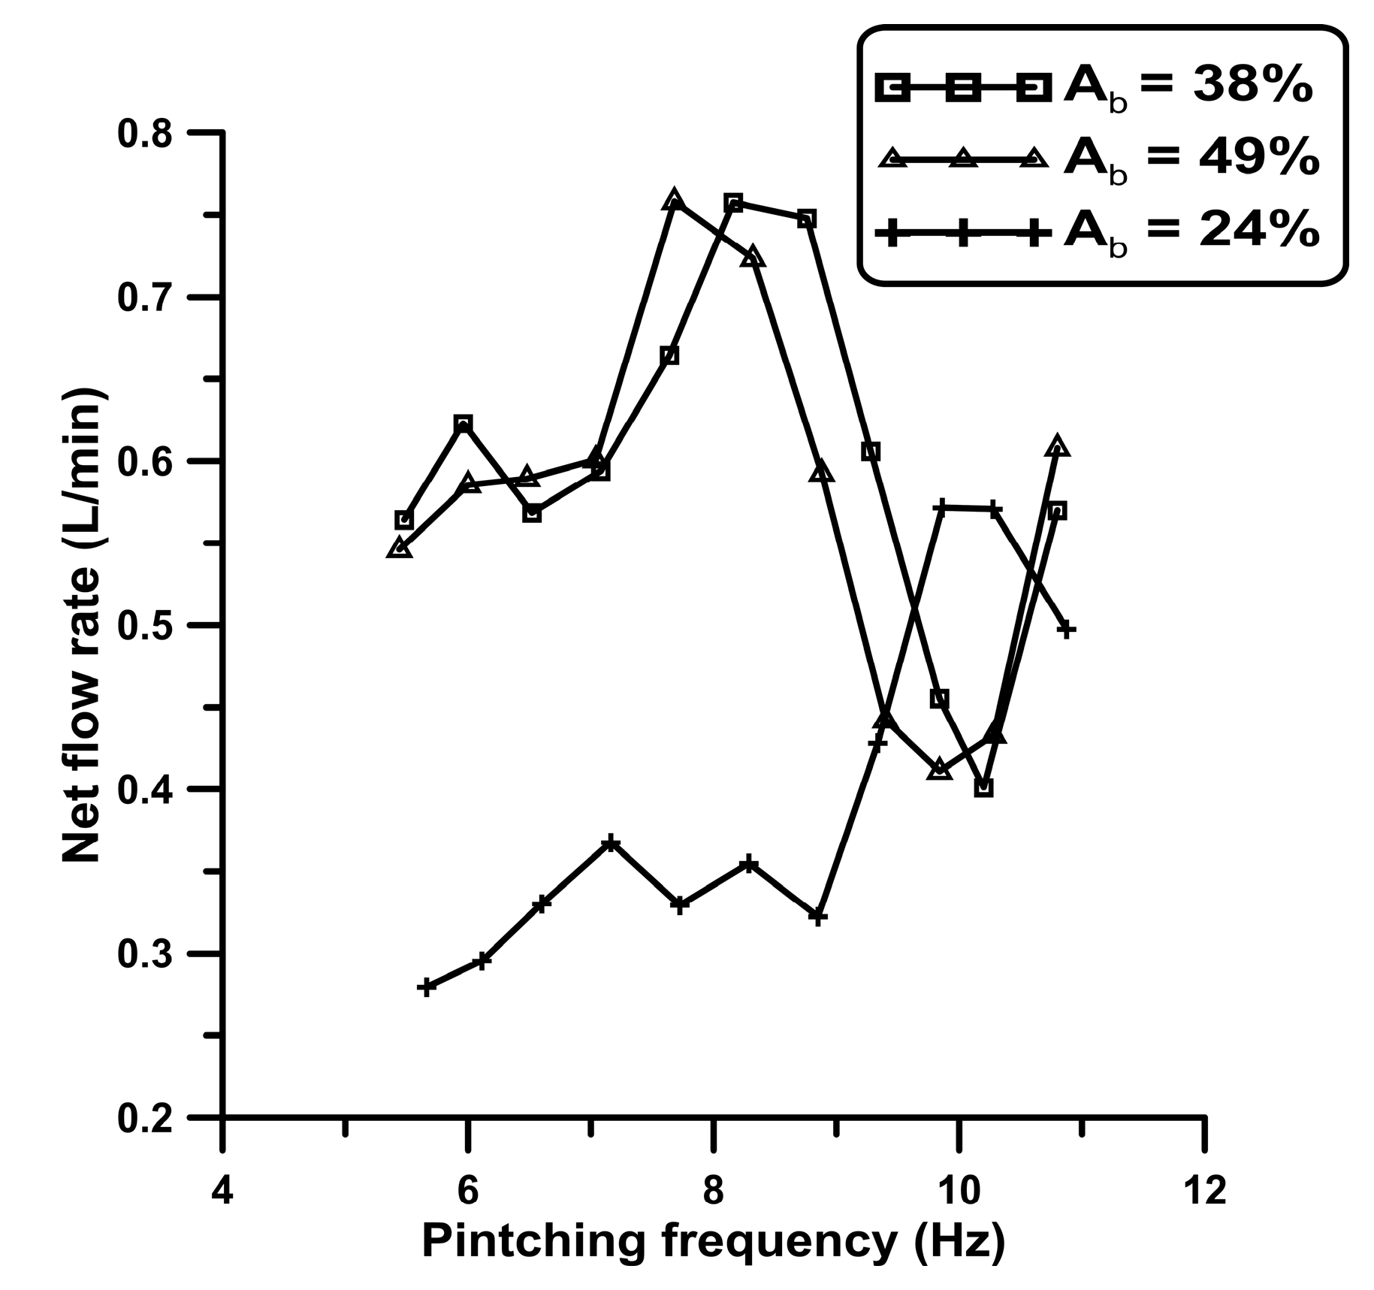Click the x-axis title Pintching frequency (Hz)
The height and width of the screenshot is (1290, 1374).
coord(713,1243)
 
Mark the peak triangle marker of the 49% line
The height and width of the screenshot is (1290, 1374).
coord(674,201)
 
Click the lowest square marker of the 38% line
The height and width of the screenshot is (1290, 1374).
coord(984,787)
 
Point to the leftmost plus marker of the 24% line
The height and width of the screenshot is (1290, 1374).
coord(427,987)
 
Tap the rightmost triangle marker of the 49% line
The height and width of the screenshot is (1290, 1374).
coord(1057,446)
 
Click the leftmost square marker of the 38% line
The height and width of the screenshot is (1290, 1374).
coord(403,520)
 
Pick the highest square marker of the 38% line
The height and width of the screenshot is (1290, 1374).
coord(734,203)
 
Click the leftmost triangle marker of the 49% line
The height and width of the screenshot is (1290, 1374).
coord(400,548)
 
